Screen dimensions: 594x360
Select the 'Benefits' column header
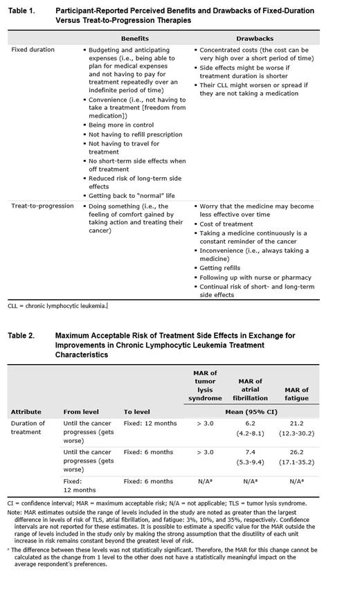point(134,38)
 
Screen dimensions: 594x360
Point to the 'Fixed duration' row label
point(33,50)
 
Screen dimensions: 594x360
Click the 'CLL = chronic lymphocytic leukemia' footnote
point(57,305)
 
